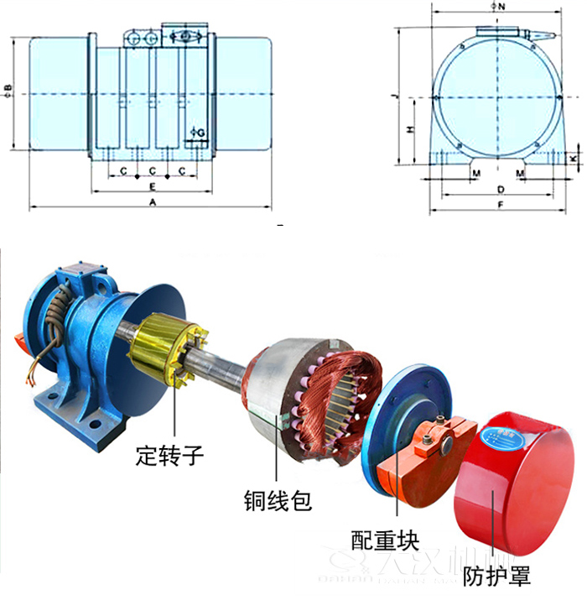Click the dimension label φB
coord(8,91)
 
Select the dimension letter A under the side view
coord(152,202)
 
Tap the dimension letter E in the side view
coord(152,185)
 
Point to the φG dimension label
coord(197,132)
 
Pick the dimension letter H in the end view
coord(409,130)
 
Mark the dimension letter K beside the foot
coord(574,158)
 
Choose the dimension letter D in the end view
coord(500,190)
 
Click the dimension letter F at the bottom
coord(500,204)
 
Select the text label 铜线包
coord(278,501)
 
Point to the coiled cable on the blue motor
coord(60,316)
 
